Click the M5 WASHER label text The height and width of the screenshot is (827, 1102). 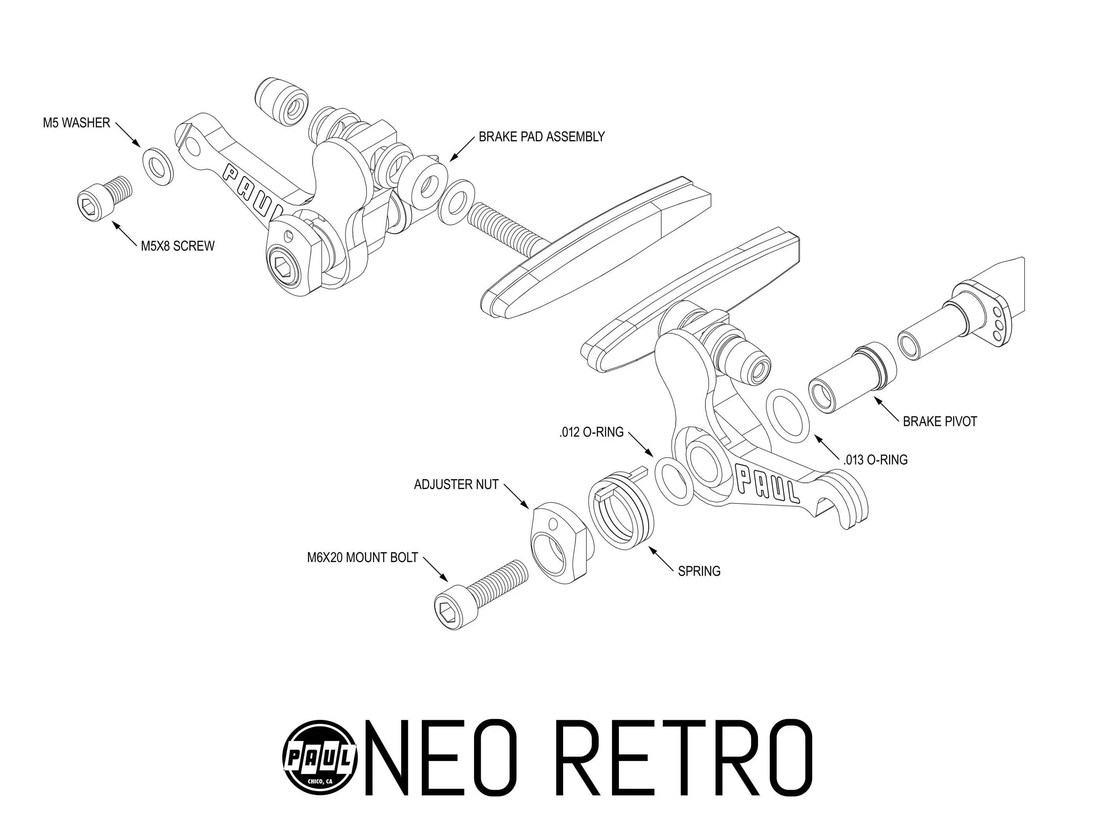click(76, 123)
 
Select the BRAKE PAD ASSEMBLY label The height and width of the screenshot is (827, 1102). click(542, 137)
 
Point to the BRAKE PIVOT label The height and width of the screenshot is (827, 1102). click(940, 422)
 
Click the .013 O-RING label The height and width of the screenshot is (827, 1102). click(875, 460)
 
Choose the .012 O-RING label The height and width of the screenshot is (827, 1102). click(591, 432)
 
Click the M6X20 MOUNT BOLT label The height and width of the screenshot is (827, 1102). click(362, 558)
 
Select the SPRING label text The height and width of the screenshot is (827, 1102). click(699, 571)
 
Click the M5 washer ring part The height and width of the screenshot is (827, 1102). click(158, 166)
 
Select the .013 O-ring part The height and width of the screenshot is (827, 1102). click(787, 415)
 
